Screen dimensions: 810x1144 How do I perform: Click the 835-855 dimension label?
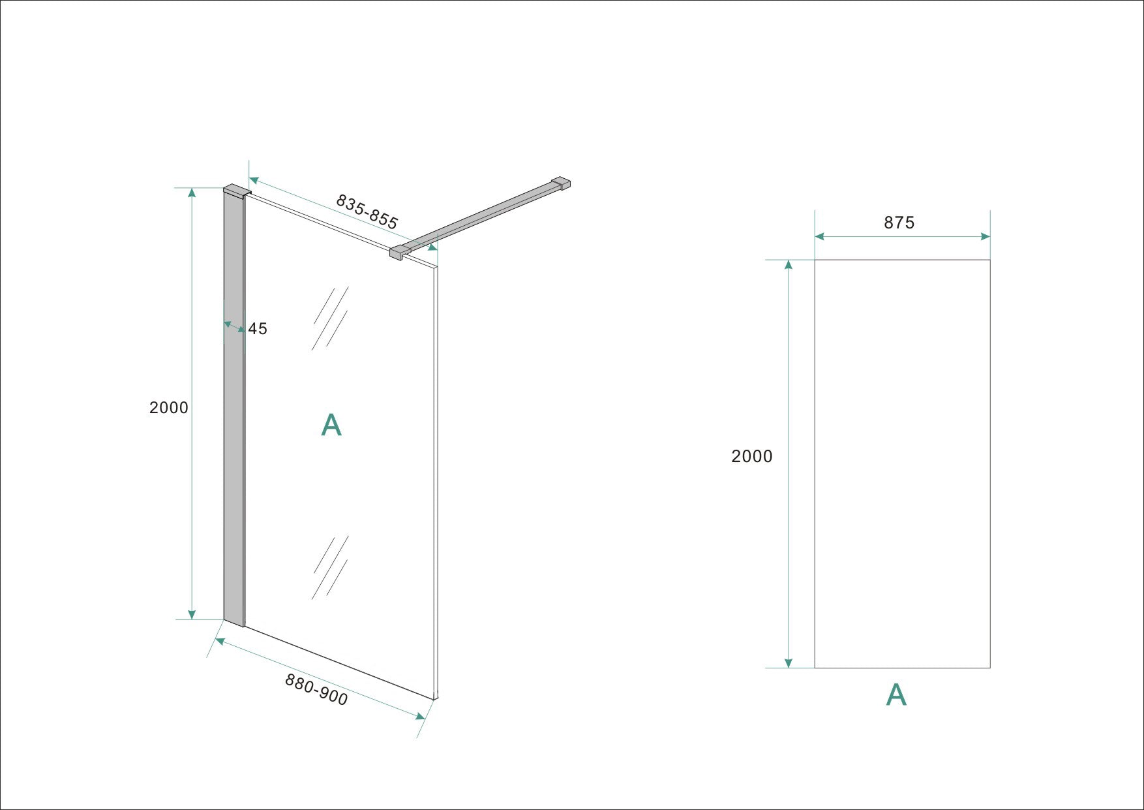[367, 211]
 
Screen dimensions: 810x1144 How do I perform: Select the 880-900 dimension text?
[316, 690]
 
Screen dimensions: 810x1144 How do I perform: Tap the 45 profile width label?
[258, 329]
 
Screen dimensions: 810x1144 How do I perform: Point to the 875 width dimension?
[899, 223]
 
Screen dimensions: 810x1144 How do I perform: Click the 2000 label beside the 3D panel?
[168, 408]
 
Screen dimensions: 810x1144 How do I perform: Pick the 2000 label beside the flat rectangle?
[751, 456]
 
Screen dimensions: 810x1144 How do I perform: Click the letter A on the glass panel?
[331, 426]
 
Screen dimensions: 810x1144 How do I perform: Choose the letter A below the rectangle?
[896, 696]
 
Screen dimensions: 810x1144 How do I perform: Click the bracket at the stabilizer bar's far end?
[561, 183]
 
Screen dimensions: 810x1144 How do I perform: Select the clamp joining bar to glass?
[397, 252]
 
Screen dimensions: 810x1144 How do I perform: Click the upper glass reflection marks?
[330, 319]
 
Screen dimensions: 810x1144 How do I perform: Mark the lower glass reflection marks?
[330, 567]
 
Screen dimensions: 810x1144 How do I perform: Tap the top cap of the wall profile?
[236, 191]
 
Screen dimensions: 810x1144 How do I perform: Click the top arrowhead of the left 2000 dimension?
[192, 192]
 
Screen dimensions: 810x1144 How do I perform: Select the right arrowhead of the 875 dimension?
[986, 236]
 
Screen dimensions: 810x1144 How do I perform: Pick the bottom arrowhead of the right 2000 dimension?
[789, 663]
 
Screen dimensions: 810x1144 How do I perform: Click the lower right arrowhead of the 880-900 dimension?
[421, 716]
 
